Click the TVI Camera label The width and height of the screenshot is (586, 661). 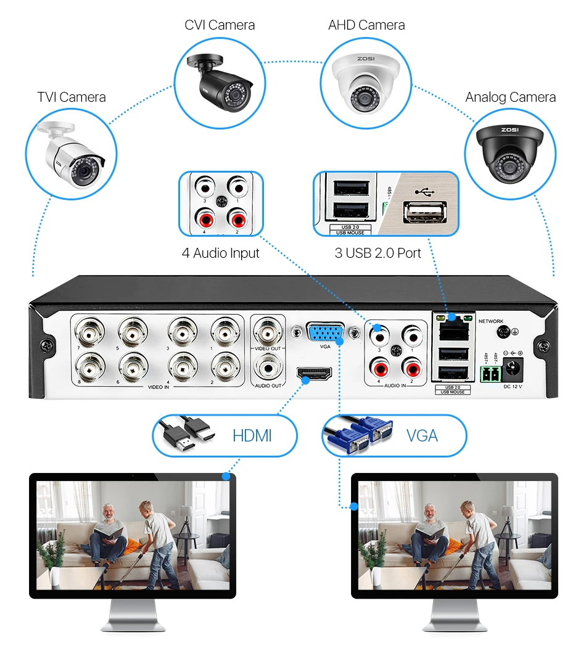tap(72, 97)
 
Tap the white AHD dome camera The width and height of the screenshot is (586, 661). tap(366, 83)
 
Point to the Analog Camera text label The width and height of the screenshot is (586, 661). tap(510, 97)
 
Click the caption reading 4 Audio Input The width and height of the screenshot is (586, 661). tap(220, 253)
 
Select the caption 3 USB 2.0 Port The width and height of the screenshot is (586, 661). tap(378, 253)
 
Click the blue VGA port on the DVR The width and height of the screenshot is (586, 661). tap(326, 334)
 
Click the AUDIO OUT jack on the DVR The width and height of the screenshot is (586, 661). tap(268, 369)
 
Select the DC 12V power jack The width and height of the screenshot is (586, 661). tap(511, 370)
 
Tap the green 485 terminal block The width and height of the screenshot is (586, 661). tap(488, 374)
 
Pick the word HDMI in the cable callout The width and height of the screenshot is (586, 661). tap(252, 436)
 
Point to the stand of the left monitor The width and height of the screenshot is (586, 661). tap(133, 617)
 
